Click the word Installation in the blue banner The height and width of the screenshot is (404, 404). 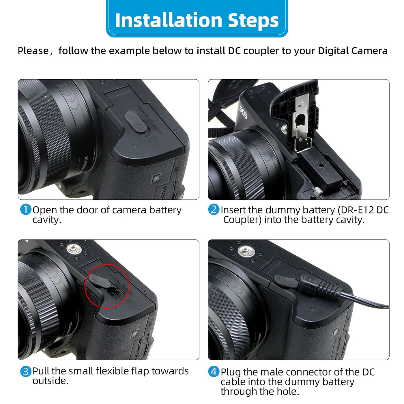pyautogui.click(x=169, y=20)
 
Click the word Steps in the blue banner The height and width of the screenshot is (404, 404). pyautogui.click(x=253, y=21)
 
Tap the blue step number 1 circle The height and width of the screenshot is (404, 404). pyautogui.click(x=26, y=210)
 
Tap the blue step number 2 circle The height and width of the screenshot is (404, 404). pyautogui.click(x=214, y=210)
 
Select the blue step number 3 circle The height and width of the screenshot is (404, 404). pyautogui.click(x=26, y=371)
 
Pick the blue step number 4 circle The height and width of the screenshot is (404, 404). pyautogui.click(x=214, y=372)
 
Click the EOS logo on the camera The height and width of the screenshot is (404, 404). pyautogui.click(x=243, y=112)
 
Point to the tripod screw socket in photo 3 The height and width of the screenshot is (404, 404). pyautogui.click(x=74, y=249)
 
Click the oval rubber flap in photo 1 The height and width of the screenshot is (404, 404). pyautogui.click(x=135, y=122)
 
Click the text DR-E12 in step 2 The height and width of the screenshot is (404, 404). pyautogui.click(x=357, y=210)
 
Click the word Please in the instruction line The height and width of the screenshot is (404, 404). pyautogui.click(x=33, y=51)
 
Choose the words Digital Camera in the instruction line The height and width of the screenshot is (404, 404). pyautogui.click(x=353, y=51)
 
